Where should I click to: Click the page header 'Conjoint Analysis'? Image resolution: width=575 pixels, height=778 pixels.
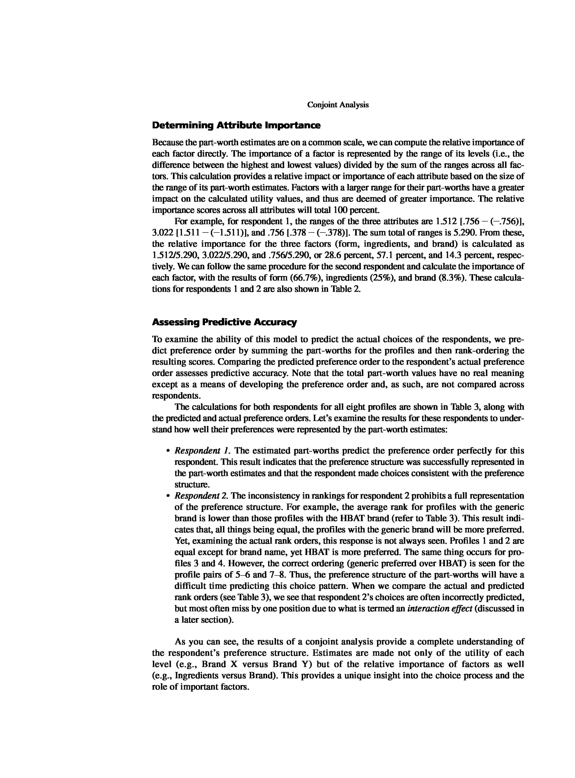click(x=338, y=105)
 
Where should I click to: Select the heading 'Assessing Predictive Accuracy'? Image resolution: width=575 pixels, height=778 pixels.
click(x=225, y=322)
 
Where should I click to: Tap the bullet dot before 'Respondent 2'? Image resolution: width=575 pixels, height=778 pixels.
click(x=168, y=496)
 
